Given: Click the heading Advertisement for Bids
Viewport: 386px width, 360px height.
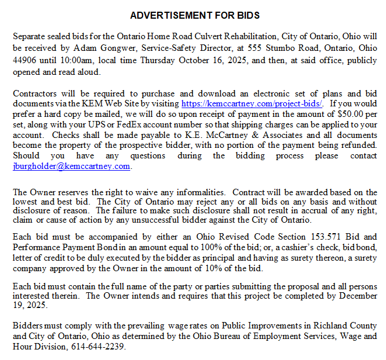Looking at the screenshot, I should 194,15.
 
